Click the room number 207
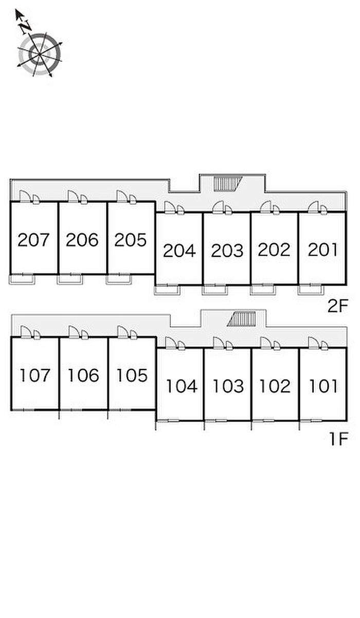(33, 240)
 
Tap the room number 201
(323, 250)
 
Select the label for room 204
(179, 251)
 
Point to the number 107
(35, 376)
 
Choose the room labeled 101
(324, 386)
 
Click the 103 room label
(228, 386)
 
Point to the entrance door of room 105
(123, 332)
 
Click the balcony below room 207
(22, 279)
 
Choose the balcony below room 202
(262, 289)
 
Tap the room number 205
(131, 240)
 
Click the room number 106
(83, 376)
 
